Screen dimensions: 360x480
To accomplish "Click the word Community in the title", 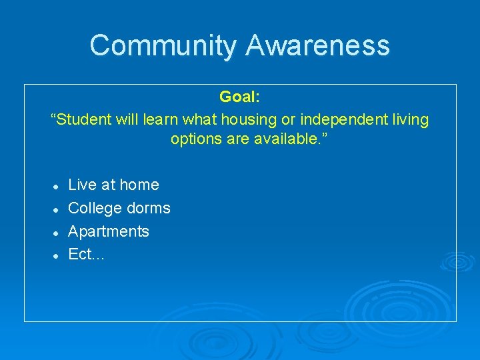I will (163, 45).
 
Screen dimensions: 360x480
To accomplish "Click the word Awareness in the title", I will (317, 45).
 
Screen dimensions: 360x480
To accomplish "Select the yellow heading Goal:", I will (240, 97).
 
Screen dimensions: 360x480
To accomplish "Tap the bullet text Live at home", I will (113, 185).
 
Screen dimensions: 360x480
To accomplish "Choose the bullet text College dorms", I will (119, 208).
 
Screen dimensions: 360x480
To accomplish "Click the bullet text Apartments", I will (109, 231).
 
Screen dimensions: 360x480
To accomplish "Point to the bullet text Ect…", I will (86, 255).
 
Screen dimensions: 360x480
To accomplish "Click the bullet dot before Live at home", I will (58, 186).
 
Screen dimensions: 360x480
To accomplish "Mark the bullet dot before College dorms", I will (58, 209).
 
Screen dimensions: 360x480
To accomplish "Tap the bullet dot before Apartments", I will (58, 233).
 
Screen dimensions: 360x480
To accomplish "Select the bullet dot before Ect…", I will (58, 256).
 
